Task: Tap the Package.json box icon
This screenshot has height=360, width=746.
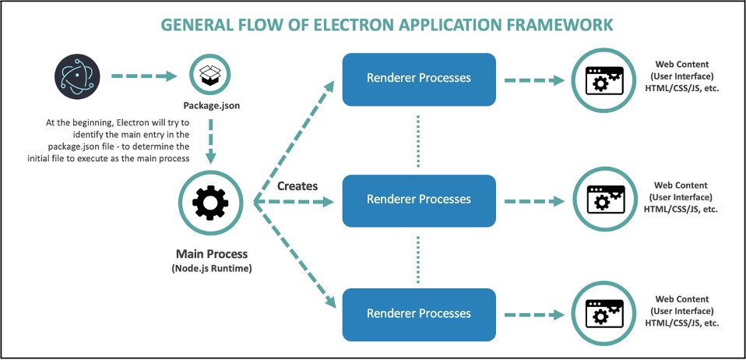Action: (x=211, y=76)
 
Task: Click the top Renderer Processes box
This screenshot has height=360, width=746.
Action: (x=419, y=79)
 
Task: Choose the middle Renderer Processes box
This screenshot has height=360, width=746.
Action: (x=419, y=199)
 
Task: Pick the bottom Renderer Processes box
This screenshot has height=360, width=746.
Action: (x=419, y=314)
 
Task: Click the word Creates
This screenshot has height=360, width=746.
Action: (x=297, y=187)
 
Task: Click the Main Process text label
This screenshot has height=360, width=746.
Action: (x=210, y=253)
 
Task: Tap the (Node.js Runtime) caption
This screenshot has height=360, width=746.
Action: (x=210, y=269)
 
